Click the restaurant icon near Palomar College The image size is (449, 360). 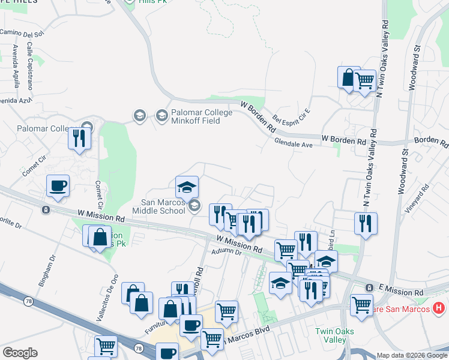point(79,138)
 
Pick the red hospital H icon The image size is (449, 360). point(439,308)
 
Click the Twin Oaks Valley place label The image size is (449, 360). point(335,335)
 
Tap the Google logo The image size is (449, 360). point(20,353)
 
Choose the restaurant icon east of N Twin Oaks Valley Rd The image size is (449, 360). point(366,223)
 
